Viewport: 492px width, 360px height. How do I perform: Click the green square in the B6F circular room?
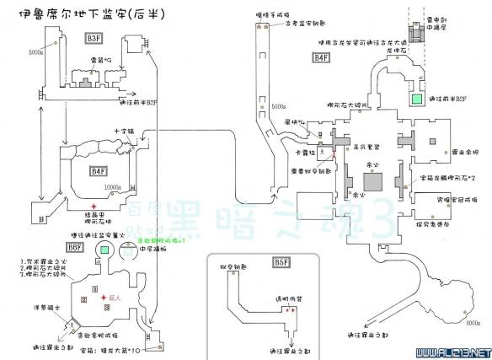(104, 250)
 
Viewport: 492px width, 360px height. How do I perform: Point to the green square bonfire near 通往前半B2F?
(417, 99)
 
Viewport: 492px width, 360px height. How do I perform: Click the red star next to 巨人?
(102, 298)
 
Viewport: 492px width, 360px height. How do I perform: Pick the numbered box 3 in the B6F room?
(106, 307)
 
